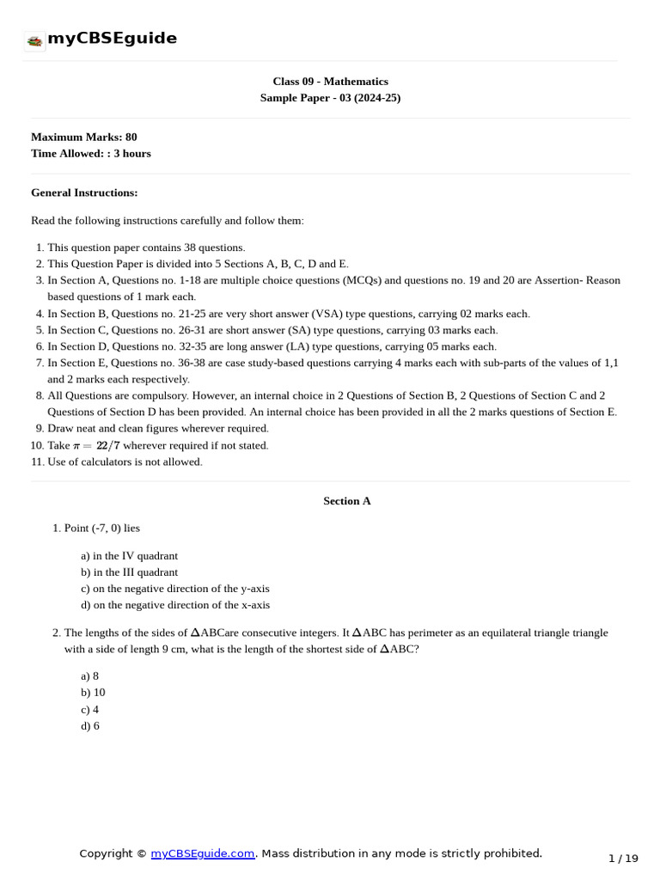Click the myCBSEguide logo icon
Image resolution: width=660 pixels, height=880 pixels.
click(x=34, y=40)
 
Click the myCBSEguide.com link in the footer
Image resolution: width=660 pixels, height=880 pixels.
click(x=203, y=853)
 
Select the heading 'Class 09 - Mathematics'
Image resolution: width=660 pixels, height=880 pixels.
click(x=330, y=82)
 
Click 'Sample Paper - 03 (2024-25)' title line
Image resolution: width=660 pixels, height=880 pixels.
click(x=330, y=98)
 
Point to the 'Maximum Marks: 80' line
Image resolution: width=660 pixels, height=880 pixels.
click(x=83, y=137)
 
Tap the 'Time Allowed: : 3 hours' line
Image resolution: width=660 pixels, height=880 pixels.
click(x=90, y=154)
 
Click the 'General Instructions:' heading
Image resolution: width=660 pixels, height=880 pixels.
click(x=84, y=192)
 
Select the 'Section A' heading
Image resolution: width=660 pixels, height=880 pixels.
click(x=346, y=501)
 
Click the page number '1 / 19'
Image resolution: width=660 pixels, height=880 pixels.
click(x=623, y=859)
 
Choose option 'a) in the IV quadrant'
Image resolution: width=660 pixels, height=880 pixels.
click(x=129, y=556)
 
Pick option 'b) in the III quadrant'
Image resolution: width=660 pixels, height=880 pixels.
click(x=129, y=572)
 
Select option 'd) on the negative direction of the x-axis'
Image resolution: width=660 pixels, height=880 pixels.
click(x=175, y=605)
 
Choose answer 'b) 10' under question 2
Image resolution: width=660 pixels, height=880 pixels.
click(x=93, y=693)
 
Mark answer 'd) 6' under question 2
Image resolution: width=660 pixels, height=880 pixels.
click(x=90, y=726)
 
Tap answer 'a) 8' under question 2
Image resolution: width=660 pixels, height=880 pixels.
click(x=90, y=676)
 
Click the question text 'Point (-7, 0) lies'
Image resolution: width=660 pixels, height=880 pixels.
click(x=101, y=528)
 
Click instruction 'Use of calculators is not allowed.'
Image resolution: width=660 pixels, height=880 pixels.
click(x=125, y=462)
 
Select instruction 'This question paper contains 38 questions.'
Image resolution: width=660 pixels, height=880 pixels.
click(x=146, y=247)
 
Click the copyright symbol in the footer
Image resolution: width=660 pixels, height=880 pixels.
click(x=141, y=853)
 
